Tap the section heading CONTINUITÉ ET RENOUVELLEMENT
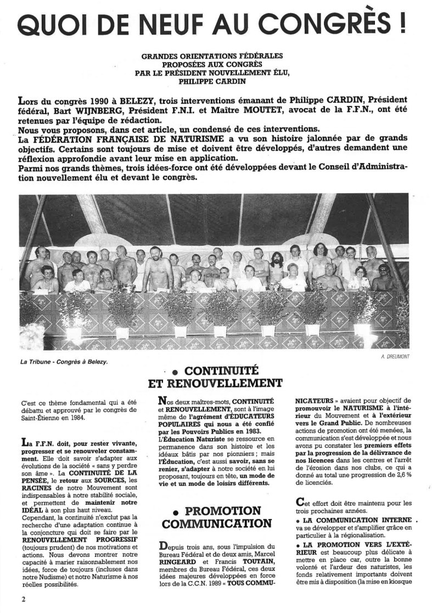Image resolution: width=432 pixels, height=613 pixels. [216, 375]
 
